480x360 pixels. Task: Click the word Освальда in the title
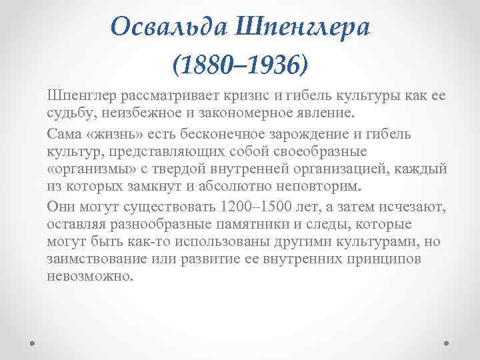pos(167,27)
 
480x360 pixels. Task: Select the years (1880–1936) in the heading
pos(240,65)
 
